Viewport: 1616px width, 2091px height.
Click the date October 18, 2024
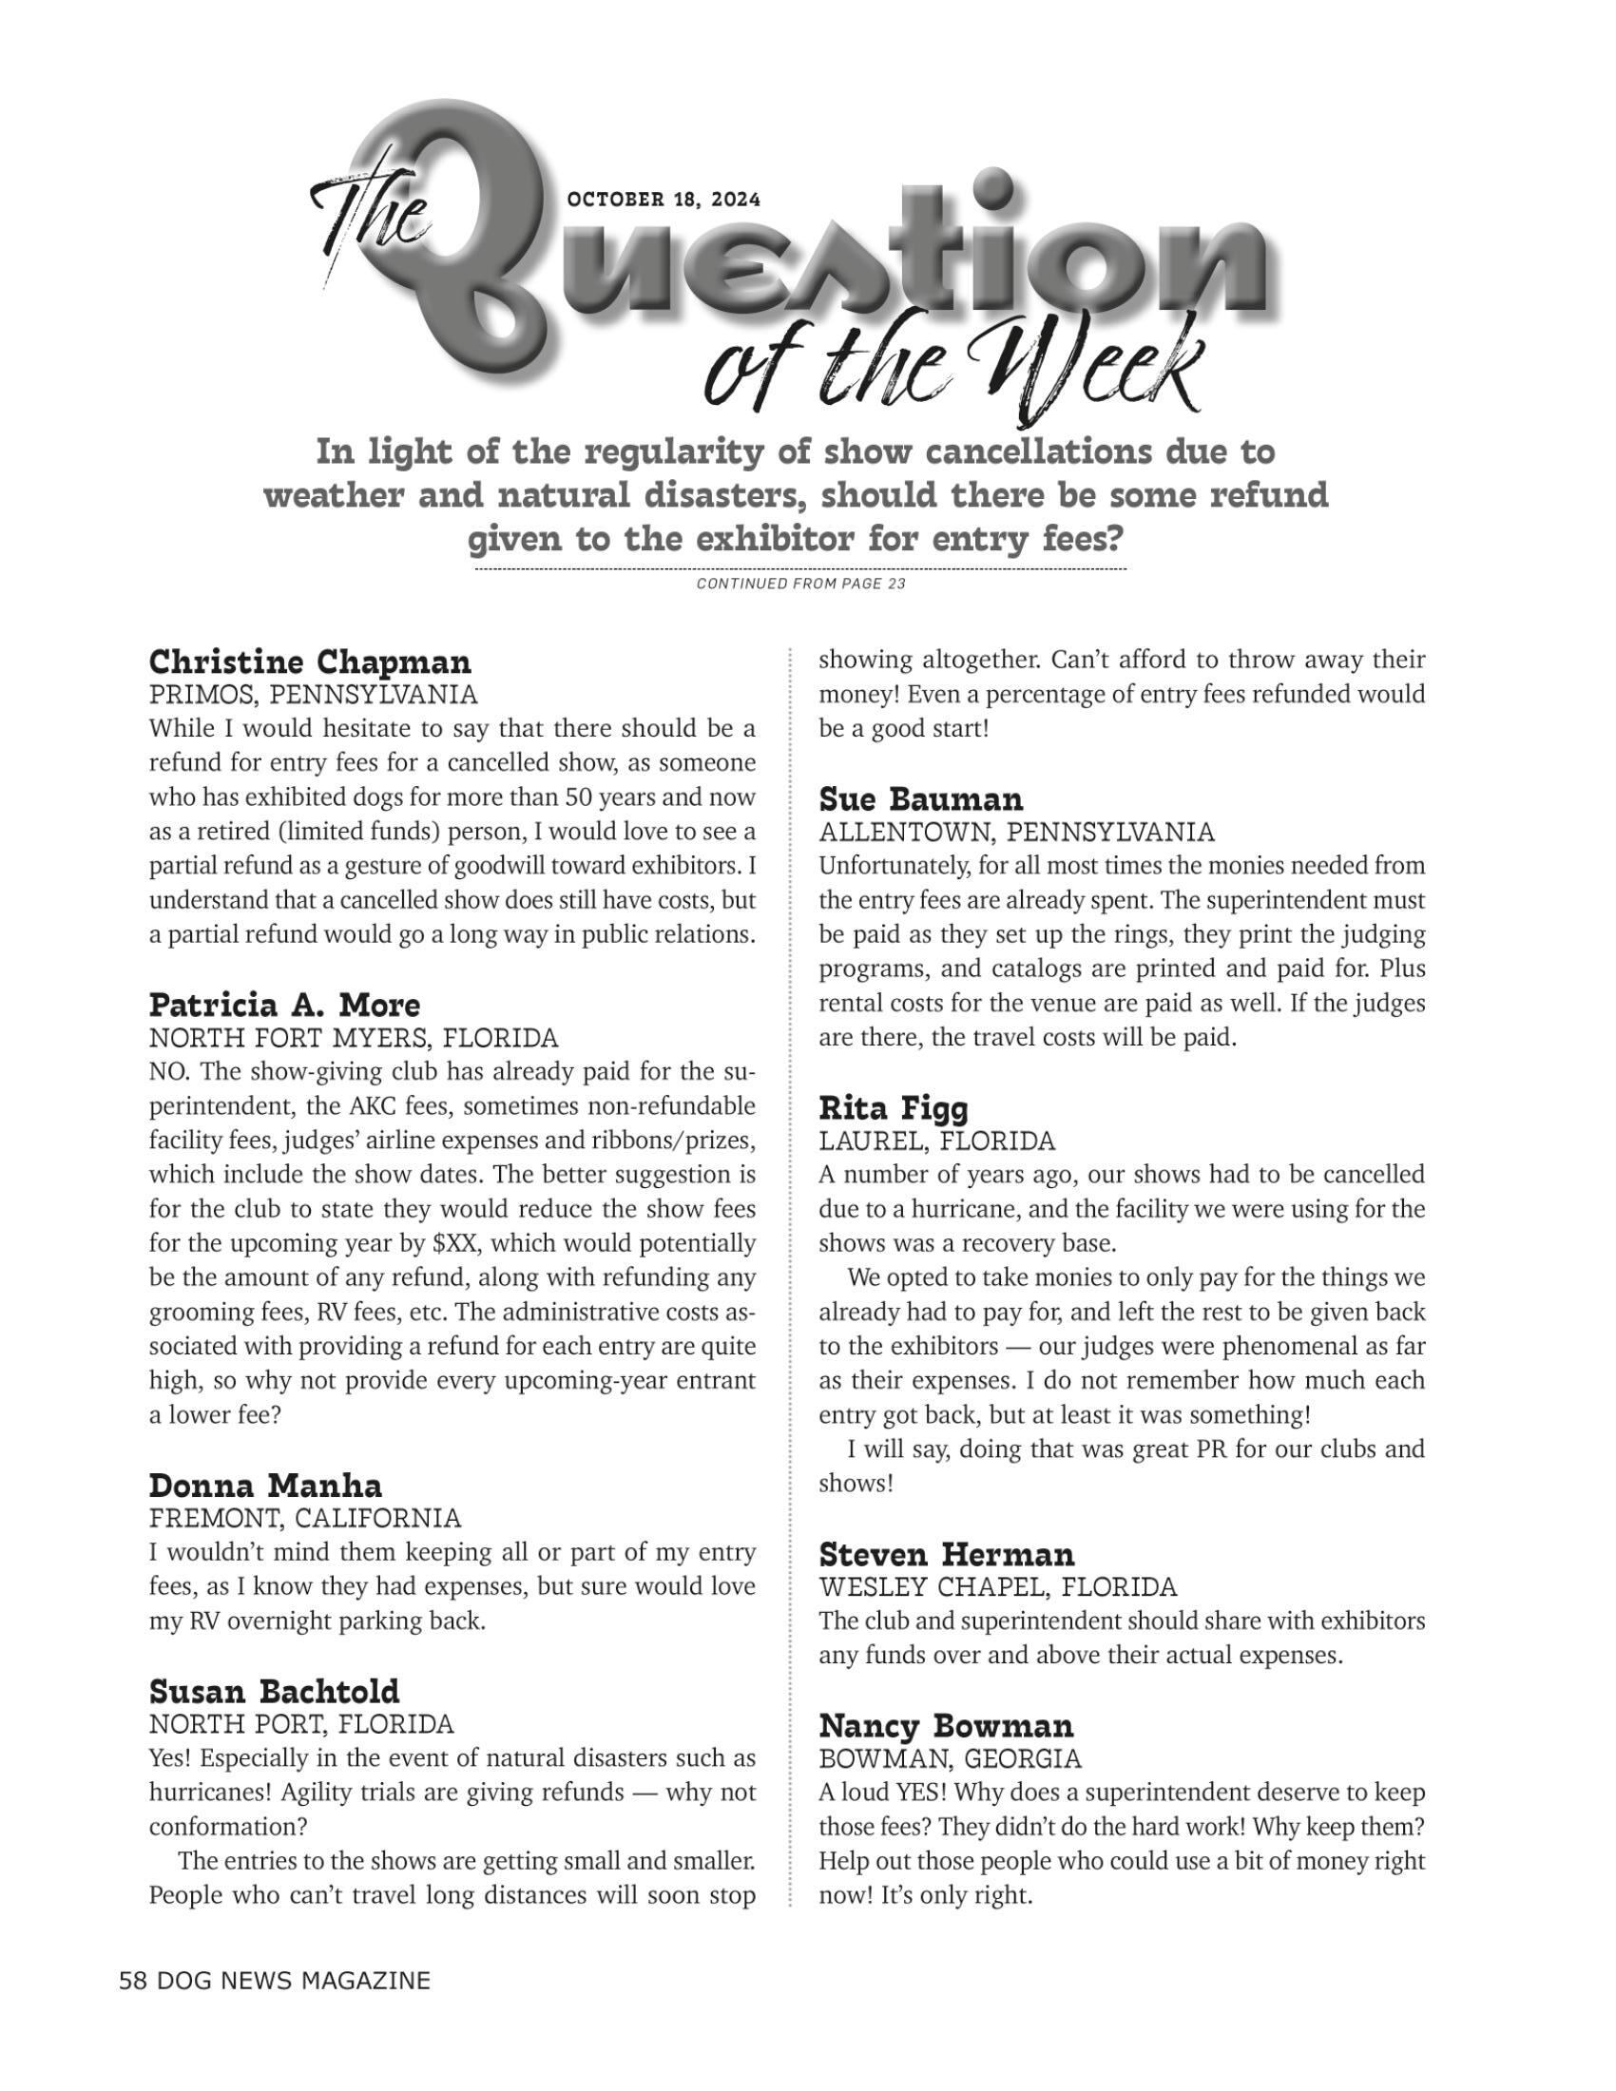tap(664, 201)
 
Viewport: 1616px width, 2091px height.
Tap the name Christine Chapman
tap(310, 662)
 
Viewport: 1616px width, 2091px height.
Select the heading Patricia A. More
tap(284, 1006)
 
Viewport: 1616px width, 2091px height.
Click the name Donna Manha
tap(265, 1486)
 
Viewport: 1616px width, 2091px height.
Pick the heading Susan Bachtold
tap(274, 1692)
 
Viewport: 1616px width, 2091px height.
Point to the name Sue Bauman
tap(921, 798)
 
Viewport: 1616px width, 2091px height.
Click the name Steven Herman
tap(947, 1554)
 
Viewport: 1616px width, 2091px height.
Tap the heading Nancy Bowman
tap(946, 1726)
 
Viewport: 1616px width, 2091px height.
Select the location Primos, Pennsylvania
tap(313, 694)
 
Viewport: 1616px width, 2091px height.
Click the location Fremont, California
tap(304, 1519)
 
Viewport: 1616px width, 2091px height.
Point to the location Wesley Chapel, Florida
tap(996, 1587)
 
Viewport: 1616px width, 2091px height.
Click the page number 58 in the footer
tap(132, 1981)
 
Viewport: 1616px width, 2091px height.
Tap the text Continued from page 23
tap(800, 584)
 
